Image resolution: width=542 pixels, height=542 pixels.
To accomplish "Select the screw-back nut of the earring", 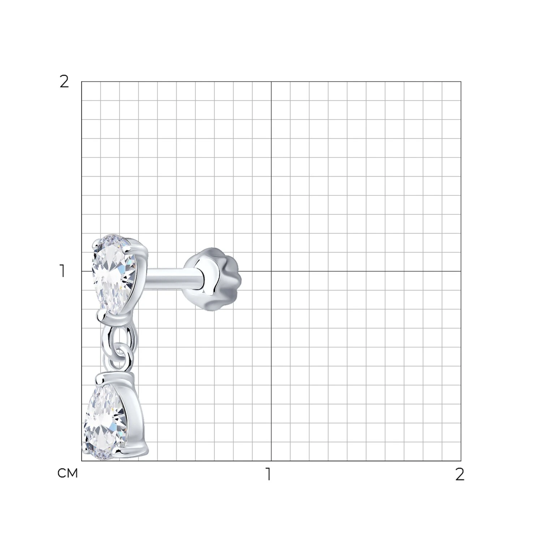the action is pos(213,279).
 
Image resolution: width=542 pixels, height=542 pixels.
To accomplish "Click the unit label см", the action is pos(68,473).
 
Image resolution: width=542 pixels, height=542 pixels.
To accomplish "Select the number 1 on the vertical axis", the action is pos(63,271).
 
